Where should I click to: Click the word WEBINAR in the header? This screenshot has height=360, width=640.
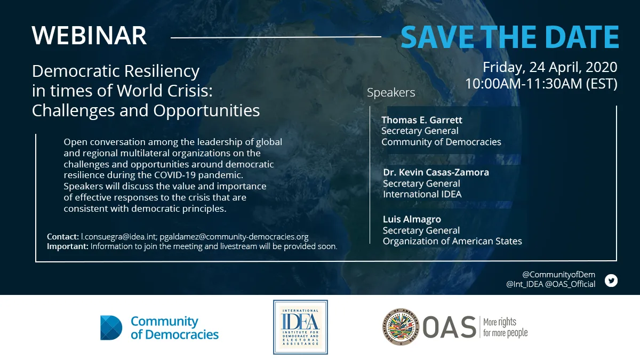[89, 36]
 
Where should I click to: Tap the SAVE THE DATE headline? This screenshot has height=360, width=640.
[510, 37]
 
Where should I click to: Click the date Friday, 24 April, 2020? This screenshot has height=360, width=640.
[550, 67]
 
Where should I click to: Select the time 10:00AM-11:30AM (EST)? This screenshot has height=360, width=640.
[541, 84]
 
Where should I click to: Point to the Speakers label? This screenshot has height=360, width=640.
[391, 93]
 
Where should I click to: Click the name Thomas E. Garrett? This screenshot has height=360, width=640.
[422, 120]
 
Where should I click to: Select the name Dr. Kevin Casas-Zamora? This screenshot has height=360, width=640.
[436, 172]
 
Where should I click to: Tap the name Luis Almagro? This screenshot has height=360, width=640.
[412, 219]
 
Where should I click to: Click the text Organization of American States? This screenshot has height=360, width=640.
[452, 241]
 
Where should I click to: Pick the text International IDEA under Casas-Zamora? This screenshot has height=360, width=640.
[422, 194]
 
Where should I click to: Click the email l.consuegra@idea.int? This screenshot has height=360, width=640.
[118, 237]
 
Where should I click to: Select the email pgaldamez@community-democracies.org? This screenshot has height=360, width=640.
[234, 237]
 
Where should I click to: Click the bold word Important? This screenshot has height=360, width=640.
[67, 246]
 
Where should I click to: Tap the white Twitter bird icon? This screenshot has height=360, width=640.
[611, 281]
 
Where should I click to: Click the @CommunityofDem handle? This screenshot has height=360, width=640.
[558, 275]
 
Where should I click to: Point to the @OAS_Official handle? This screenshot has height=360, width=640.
[570, 284]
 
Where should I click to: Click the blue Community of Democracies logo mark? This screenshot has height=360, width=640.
[111, 327]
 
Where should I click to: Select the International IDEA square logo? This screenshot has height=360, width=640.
[300, 327]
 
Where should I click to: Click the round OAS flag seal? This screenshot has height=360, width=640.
[401, 327]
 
